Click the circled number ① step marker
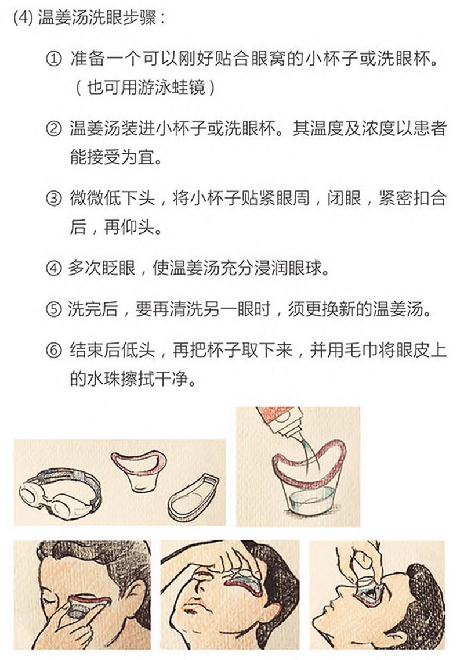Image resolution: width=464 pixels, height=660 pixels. [53, 60]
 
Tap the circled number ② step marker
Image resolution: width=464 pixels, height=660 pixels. [53, 129]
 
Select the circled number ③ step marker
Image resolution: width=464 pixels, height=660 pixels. [53, 199]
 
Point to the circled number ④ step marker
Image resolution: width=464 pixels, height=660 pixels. [53, 268]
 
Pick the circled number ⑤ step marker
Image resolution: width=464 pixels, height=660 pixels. [53, 309]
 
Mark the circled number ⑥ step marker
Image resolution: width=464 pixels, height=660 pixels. [53, 351]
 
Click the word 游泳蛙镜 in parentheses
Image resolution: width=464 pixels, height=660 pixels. [155, 88]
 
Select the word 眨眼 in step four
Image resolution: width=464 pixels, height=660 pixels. [119, 268]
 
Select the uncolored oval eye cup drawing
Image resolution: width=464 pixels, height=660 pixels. [193, 499]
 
